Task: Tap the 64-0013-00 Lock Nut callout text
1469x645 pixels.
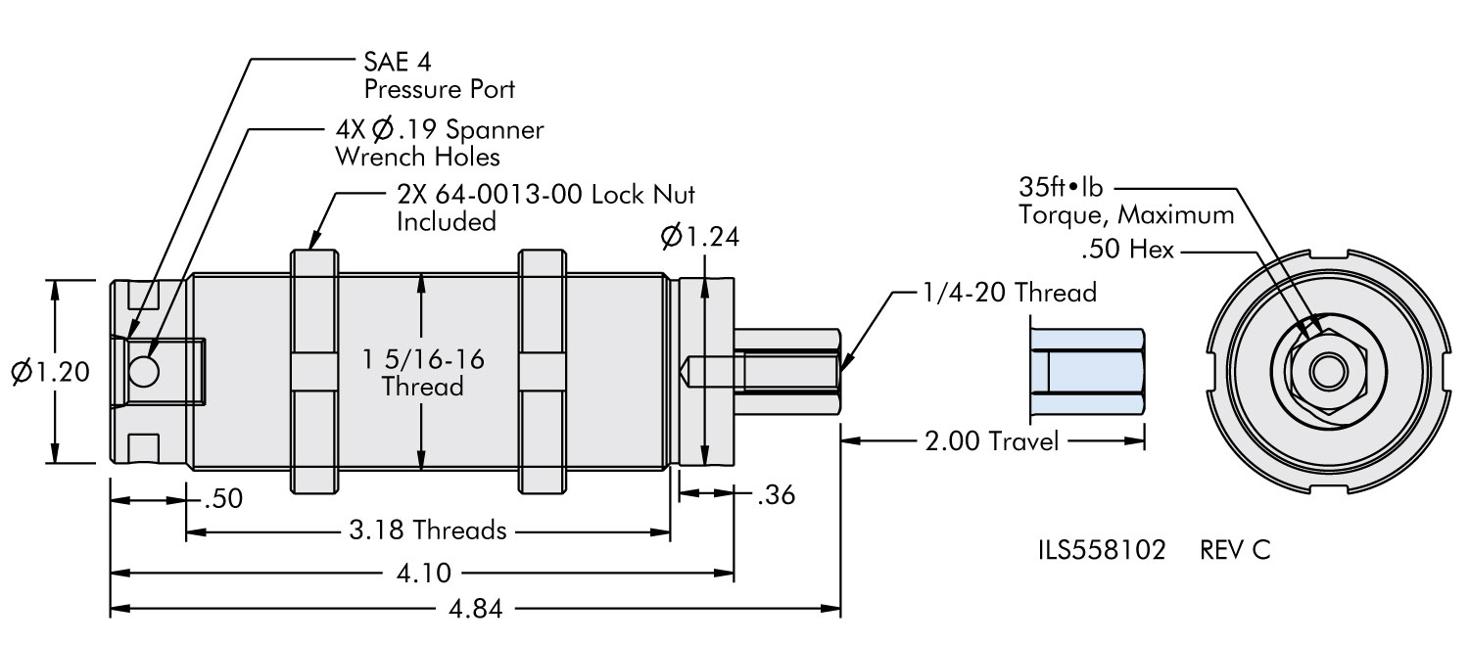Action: [x=545, y=207]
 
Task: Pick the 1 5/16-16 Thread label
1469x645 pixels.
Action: [x=423, y=372]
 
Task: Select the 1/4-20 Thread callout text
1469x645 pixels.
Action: [x=1007, y=292]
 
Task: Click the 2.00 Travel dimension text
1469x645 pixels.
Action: [x=992, y=441]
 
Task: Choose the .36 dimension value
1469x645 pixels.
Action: [x=776, y=495]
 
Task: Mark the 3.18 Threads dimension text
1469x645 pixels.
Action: [x=428, y=531]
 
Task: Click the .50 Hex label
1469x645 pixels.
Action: [x=1127, y=252]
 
